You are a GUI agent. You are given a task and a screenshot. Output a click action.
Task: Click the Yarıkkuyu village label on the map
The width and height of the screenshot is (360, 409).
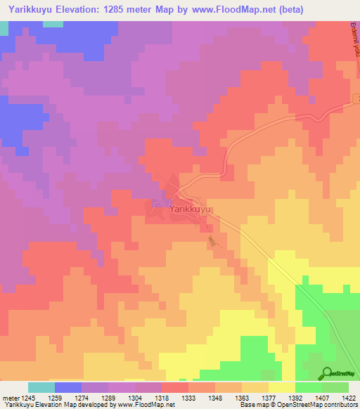tap(190, 209)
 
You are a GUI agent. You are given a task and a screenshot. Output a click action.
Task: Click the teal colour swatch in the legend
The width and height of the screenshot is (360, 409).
tap(41, 387)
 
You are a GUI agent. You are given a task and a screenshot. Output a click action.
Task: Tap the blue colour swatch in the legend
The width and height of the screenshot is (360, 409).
tap(67, 387)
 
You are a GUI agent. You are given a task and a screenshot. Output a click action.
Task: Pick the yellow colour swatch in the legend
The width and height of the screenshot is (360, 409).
tap(282, 387)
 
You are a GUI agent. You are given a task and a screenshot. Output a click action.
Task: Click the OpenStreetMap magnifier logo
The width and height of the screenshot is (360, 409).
tap(327, 373)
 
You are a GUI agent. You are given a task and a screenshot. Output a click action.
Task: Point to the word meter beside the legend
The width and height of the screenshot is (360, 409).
tap(12, 398)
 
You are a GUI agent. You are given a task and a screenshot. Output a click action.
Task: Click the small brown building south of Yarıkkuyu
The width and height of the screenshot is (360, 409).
tap(212, 241)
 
